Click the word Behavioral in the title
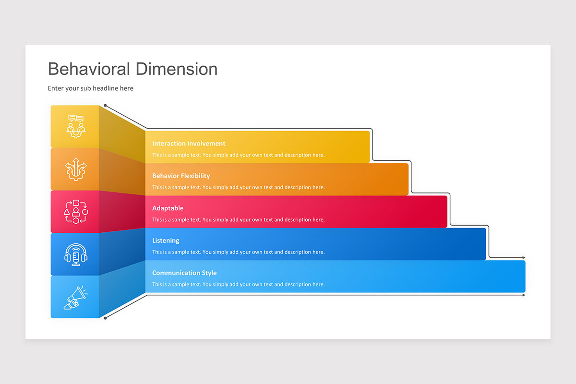[x=89, y=69]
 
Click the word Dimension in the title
[x=177, y=69]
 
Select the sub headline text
[x=91, y=88]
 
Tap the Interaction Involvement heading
[x=189, y=144]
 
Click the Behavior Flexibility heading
[x=181, y=176]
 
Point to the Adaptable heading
[x=168, y=208]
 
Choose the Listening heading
[x=166, y=240]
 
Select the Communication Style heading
[x=184, y=273]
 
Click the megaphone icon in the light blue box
[x=76, y=298]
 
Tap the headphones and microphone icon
[x=76, y=254]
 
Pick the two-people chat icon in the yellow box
[x=76, y=127]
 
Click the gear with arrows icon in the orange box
[x=76, y=169]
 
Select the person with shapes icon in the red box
[x=76, y=212]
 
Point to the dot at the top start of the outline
[x=105, y=106]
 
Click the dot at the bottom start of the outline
[x=105, y=318]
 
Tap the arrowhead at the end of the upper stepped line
[x=524, y=257]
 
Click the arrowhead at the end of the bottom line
[x=524, y=295]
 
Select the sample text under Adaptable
[x=239, y=220]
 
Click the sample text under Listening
[x=239, y=252]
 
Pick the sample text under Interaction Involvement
[x=239, y=155]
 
